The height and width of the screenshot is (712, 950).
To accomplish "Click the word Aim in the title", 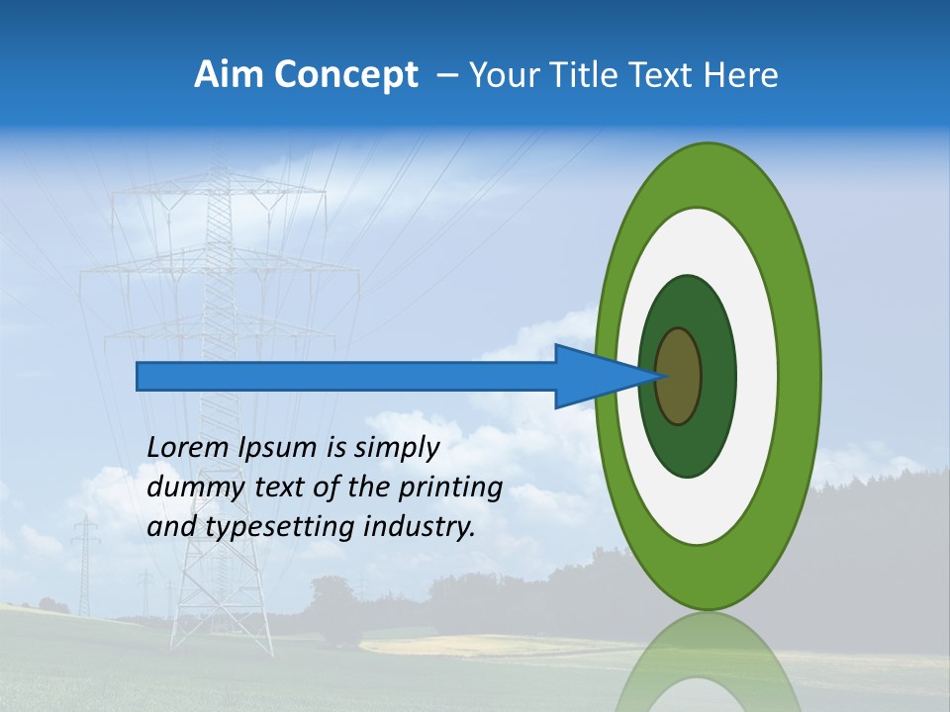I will [x=228, y=74].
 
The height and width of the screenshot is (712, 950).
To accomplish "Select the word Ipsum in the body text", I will [x=278, y=448].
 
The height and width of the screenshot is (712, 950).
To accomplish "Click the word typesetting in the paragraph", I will [x=281, y=527].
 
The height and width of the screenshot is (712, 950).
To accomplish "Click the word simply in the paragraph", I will [x=395, y=448].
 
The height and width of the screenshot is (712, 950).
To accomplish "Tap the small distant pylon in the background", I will [x=86, y=564].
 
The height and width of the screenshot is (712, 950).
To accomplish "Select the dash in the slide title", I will [x=447, y=75].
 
